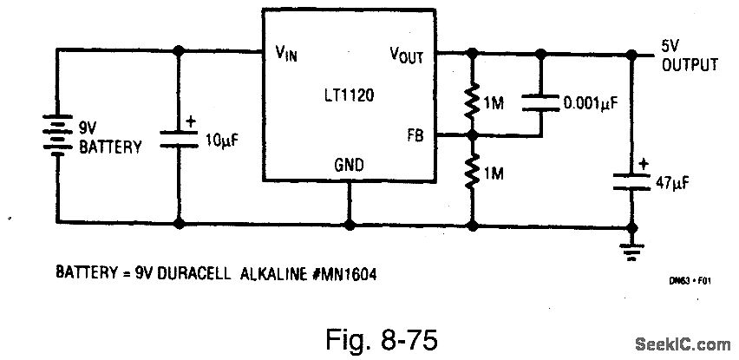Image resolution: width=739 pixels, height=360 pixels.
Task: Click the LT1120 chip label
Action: pyautogui.click(x=350, y=90)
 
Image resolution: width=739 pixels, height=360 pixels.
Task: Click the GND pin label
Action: pyautogui.click(x=349, y=165)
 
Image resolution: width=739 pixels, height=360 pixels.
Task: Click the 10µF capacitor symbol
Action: pyautogui.click(x=180, y=137)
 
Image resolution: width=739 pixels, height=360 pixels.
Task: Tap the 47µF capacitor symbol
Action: pyautogui.click(x=631, y=180)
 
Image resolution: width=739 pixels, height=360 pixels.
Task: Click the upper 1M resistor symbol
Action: pyautogui.click(x=473, y=102)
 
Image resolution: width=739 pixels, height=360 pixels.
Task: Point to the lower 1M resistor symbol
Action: pyautogui.click(x=473, y=174)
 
